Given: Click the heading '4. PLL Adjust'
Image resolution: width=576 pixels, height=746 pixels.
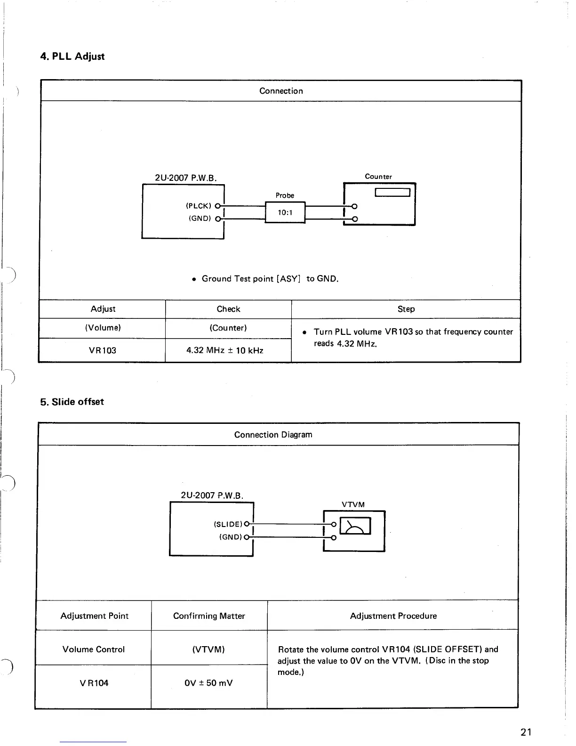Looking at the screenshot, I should [72, 57].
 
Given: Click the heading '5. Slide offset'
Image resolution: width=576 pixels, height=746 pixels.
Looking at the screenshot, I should [72, 402].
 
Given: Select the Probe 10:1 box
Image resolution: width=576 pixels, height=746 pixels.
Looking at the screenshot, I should [285, 212].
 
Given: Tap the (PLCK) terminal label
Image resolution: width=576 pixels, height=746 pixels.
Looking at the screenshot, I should [198, 206].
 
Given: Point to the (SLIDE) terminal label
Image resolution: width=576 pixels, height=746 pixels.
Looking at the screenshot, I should [228, 524].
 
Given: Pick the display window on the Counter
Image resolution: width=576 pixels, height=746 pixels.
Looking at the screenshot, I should [393, 192].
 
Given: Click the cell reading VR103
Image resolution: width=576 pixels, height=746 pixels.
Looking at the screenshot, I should [102, 350].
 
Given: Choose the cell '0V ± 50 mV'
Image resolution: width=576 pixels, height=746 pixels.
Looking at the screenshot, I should [209, 683].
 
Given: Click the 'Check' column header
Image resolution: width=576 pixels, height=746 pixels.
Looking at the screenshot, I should [228, 309].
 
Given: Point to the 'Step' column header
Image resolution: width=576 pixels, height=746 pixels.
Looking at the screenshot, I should [406, 309].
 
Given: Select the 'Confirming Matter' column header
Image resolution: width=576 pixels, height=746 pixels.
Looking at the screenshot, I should [209, 616].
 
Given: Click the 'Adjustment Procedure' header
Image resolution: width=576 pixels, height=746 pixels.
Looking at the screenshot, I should [393, 616].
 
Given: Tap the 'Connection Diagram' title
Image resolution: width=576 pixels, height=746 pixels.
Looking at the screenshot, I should [273, 435].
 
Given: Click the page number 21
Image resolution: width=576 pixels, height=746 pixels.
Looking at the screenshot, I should [526, 732].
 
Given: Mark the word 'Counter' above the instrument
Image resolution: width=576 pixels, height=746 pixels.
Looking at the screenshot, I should [378, 177].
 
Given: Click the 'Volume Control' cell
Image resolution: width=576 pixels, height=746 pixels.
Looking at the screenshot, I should [94, 649].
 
